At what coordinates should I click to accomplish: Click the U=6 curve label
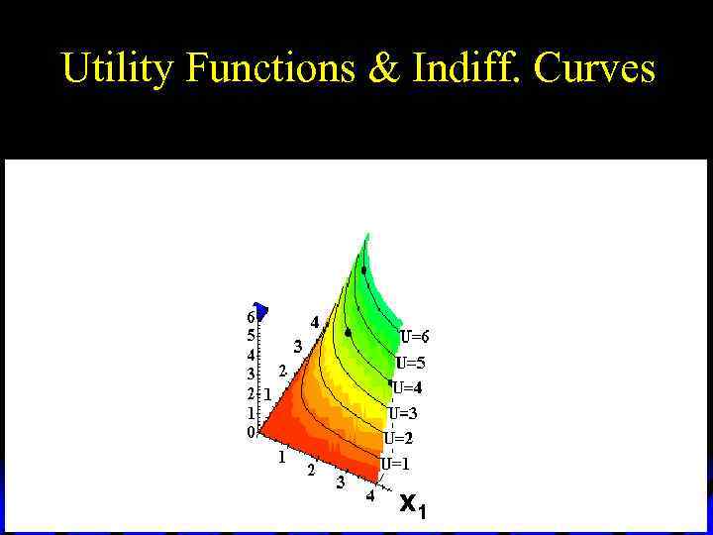tap(414, 337)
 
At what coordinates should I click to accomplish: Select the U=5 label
tap(410, 363)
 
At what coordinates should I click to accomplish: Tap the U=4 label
tap(406, 387)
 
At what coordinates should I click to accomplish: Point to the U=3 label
tap(402, 413)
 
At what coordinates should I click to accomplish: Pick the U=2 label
tap(398, 438)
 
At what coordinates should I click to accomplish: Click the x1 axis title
tap(412, 505)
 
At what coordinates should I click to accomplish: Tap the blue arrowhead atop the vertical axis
tap(260, 310)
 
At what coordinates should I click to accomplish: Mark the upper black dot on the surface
tap(363, 269)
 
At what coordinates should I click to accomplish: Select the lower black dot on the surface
tap(348, 333)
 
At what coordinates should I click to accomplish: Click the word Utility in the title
tap(118, 67)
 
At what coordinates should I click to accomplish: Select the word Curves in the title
tap(594, 67)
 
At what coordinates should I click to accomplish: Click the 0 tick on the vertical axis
tap(251, 432)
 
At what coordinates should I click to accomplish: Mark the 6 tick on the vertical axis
tap(251, 318)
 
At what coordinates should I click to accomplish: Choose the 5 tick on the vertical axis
tap(251, 336)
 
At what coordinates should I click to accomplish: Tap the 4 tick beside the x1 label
tap(369, 496)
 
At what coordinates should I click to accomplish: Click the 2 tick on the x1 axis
tap(311, 471)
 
